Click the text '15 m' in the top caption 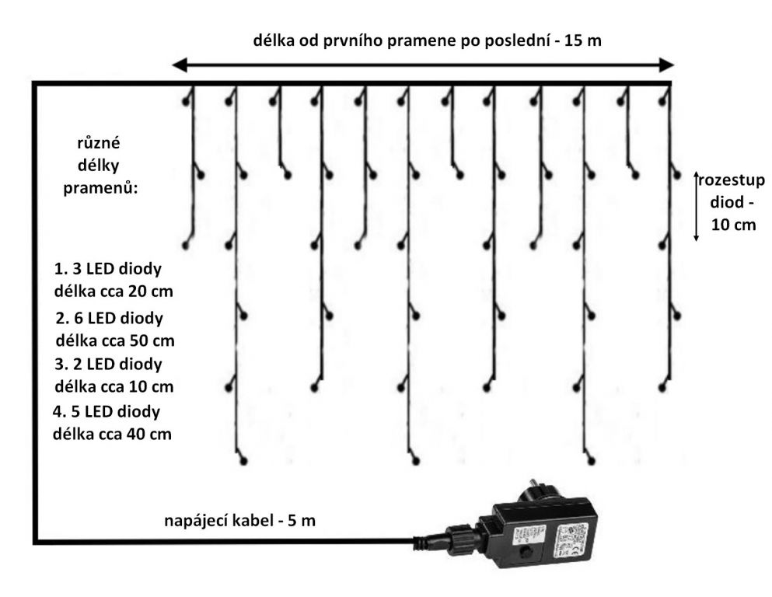point(582,40)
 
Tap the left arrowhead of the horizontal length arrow point(180,65)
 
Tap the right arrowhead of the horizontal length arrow point(666,65)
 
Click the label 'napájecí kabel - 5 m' point(239,521)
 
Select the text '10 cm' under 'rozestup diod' point(733,225)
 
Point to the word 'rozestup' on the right point(732,180)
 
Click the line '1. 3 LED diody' point(108,269)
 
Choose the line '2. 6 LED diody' point(109,318)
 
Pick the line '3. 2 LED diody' point(108,365)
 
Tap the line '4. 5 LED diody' point(107,411)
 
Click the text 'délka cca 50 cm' point(115,340)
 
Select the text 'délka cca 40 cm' point(112,434)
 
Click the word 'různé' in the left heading point(99,143)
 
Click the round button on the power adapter point(529,550)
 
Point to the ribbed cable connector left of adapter point(459,537)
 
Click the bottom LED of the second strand point(243,461)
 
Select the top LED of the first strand point(186,101)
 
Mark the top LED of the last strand point(662,101)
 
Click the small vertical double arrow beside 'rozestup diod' point(696,206)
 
